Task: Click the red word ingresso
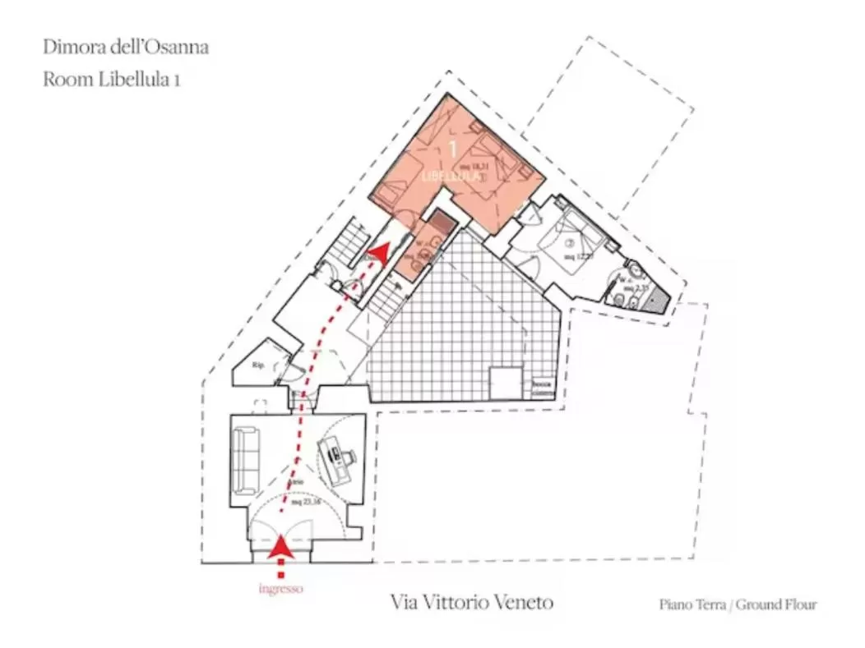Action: [x=280, y=588]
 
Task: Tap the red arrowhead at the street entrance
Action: [x=281, y=548]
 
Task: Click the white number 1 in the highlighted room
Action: [x=451, y=149]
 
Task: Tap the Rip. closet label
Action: [x=258, y=365]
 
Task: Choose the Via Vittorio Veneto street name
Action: [x=472, y=603]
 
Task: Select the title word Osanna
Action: [x=182, y=47]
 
